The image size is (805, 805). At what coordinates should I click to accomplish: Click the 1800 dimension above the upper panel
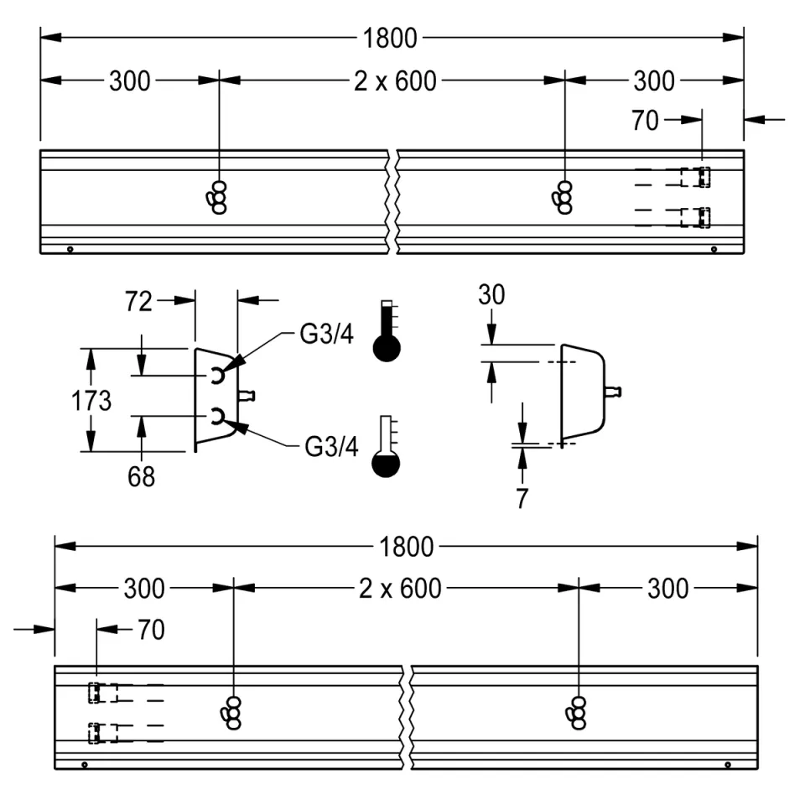(x=390, y=38)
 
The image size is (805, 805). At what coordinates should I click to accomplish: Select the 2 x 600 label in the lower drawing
(x=400, y=589)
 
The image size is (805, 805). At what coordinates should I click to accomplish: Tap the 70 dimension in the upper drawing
(x=645, y=121)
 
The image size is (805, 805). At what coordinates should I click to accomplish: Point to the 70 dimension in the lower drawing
(x=151, y=630)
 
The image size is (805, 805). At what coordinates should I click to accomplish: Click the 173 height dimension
(x=91, y=401)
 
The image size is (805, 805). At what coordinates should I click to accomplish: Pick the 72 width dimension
(x=139, y=301)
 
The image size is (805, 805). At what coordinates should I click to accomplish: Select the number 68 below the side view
(x=141, y=476)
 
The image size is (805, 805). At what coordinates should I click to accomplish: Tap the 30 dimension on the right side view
(x=492, y=295)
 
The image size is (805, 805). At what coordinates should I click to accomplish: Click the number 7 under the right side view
(x=522, y=498)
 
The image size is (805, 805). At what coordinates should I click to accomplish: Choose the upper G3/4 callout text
(x=328, y=335)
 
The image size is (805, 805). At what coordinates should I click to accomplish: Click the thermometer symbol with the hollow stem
(x=387, y=447)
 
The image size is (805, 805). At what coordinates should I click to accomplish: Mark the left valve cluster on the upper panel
(x=217, y=197)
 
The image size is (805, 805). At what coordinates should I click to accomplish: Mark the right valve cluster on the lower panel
(x=578, y=712)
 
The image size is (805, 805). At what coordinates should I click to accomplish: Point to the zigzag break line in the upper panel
(x=392, y=201)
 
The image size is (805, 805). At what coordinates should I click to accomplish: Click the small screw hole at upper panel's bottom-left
(x=70, y=248)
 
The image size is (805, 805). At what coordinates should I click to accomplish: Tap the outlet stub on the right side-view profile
(x=613, y=391)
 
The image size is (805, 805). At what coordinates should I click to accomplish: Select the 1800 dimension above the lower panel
(x=406, y=547)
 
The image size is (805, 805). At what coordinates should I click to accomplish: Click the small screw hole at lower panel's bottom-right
(x=727, y=764)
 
